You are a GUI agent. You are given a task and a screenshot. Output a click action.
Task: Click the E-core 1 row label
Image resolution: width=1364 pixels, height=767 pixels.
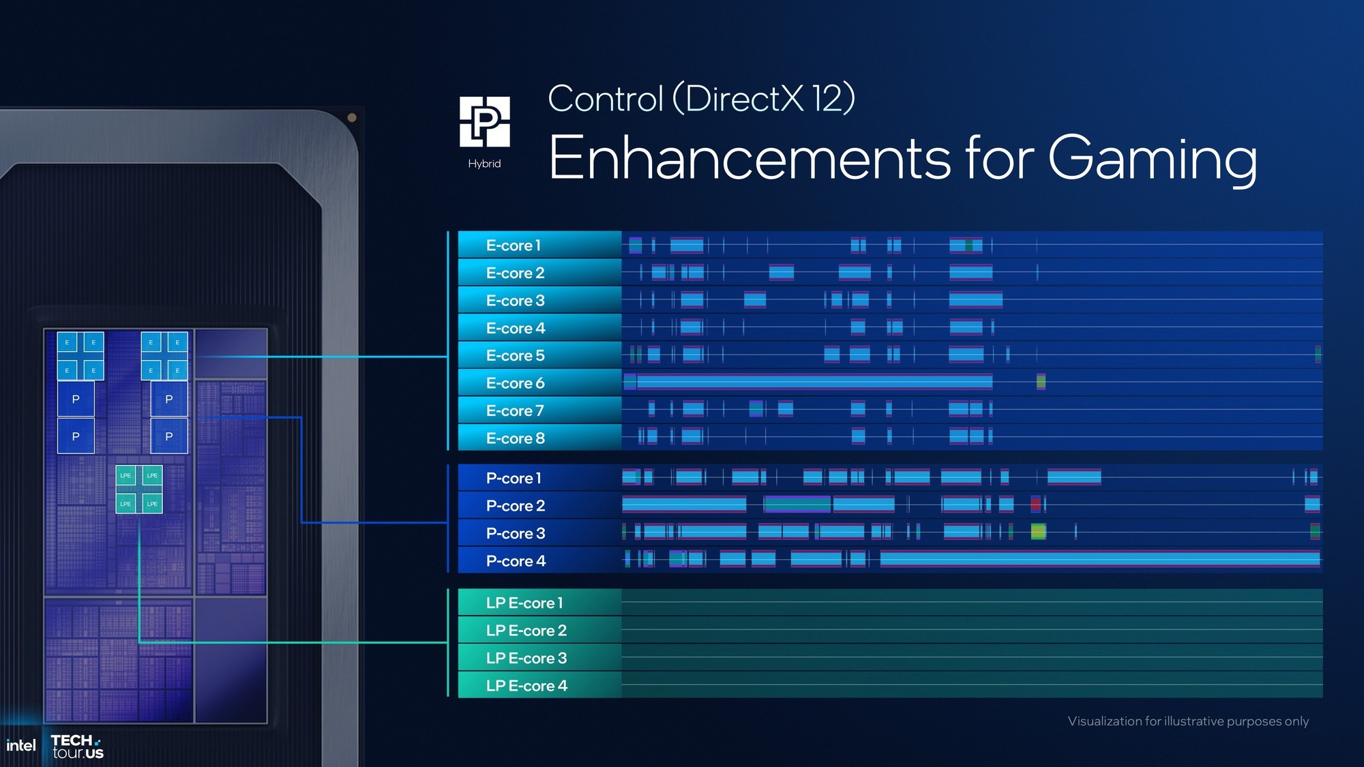(x=514, y=245)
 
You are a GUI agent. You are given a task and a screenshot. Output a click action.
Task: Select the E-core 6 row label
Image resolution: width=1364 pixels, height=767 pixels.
(x=516, y=383)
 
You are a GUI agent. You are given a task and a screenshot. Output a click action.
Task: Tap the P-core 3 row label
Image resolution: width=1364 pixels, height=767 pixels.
(x=516, y=533)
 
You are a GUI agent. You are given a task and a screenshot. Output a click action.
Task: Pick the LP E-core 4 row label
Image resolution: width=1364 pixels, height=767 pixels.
(x=527, y=685)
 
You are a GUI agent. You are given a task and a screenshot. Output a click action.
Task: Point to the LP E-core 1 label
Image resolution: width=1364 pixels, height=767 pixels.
(x=524, y=603)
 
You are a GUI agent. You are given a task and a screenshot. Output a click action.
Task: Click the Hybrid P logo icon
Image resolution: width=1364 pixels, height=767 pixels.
(x=485, y=122)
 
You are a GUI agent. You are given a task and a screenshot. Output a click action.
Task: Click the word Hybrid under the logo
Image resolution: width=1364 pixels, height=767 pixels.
(x=484, y=164)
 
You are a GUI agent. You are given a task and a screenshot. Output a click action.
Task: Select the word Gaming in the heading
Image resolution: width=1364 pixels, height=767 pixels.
(x=1152, y=159)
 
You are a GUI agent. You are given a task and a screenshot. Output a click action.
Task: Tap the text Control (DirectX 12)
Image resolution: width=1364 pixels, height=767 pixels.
(x=701, y=99)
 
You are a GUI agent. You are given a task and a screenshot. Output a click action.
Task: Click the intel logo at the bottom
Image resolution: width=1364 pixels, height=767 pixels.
(x=20, y=746)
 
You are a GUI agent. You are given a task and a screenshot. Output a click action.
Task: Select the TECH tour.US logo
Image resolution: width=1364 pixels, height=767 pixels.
(x=77, y=747)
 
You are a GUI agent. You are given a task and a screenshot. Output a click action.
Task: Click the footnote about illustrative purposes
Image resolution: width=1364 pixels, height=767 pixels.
(x=1188, y=721)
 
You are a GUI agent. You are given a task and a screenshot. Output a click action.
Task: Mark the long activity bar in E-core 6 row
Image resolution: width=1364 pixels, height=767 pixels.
(x=812, y=382)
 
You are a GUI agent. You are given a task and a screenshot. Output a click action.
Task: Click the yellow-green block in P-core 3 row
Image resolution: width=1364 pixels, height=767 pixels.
(x=1038, y=532)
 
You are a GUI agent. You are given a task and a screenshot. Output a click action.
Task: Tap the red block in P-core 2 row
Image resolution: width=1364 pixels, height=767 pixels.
(x=1035, y=505)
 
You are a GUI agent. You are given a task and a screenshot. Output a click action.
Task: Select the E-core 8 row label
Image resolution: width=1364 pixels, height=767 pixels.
(x=516, y=438)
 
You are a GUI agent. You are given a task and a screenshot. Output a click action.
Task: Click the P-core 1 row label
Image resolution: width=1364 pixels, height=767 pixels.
(x=514, y=478)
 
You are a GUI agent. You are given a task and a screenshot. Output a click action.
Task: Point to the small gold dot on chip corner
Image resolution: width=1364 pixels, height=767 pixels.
(x=352, y=117)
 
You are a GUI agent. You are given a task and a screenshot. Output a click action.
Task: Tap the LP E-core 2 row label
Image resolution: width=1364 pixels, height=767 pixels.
(x=527, y=630)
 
